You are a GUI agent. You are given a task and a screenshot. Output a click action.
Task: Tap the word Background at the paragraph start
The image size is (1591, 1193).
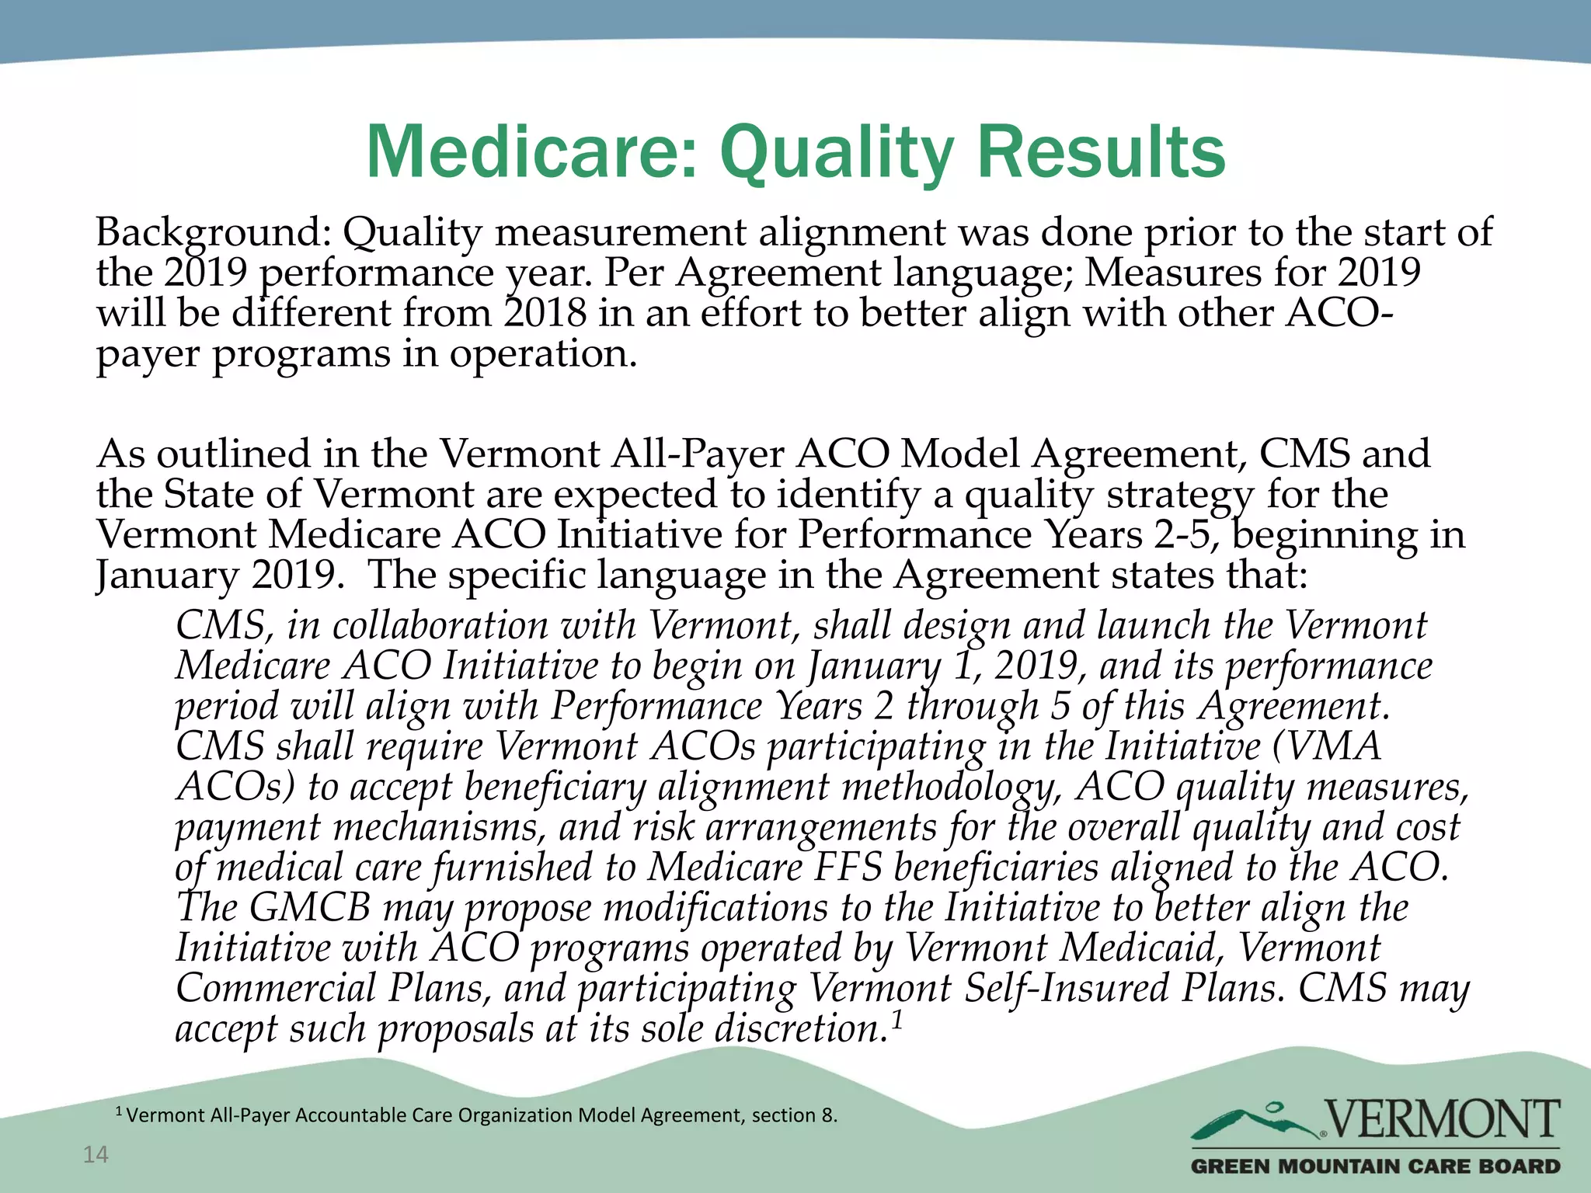(x=210, y=232)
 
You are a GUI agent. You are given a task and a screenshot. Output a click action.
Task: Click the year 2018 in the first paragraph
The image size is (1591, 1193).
(x=544, y=313)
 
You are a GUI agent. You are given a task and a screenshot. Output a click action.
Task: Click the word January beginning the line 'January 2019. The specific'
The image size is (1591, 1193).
(x=166, y=576)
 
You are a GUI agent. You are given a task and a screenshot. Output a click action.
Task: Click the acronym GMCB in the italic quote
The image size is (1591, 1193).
(x=310, y=908)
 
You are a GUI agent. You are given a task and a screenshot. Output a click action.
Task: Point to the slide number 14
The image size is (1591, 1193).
(x=96, y=1155)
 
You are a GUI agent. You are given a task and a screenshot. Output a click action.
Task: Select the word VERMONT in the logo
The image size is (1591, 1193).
(x=1442, y=1119)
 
